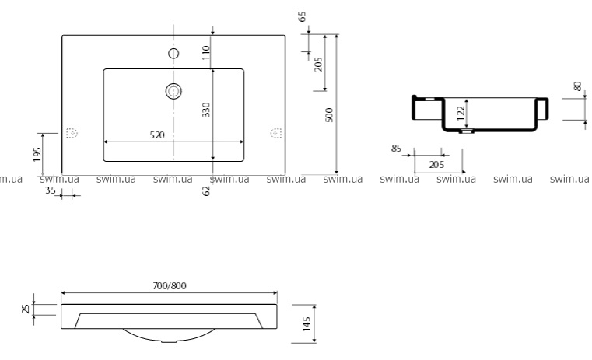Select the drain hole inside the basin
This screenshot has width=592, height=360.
pos(173,91)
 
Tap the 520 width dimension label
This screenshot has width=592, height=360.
pos(157,135)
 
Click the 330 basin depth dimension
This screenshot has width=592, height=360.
pos(206,110)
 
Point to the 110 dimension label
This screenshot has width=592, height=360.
pos(206,52)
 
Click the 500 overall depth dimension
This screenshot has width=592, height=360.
pos(329,115)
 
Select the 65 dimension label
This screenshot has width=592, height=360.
pos(302,16)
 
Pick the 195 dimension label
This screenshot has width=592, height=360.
pos(37,154)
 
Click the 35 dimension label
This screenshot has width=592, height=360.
pos(51,190)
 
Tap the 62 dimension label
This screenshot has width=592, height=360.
pos(206,191)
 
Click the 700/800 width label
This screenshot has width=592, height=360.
pos(170,285)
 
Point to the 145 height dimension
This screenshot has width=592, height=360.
pos(307,323)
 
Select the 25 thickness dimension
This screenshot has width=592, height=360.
pos(26,309)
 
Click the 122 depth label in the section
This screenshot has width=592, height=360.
pos(461,114)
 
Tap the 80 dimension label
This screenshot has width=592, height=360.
pos(578,86)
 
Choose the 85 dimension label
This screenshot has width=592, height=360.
pos(396,149)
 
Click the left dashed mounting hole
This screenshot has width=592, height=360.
pos(72,133)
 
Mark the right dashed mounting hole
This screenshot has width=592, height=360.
pos(276,133)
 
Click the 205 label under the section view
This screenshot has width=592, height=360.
pos(437,165)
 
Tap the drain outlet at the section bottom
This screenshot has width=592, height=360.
pos(467,131)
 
